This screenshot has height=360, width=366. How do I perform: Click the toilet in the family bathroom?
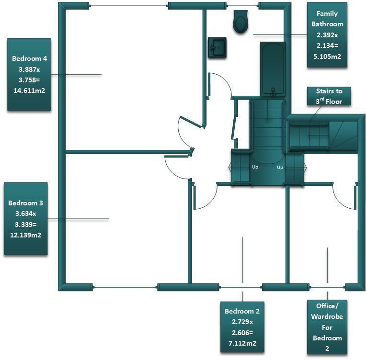(x=241, y=22)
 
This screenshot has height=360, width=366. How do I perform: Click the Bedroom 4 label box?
(x=30, y=74)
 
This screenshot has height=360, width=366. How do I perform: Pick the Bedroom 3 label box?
(x=26, y=219)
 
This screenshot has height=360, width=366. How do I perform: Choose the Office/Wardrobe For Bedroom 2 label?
(x=327, y=327)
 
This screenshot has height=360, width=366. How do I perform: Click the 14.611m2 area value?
(x=30, y=90)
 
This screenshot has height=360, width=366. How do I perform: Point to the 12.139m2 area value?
(x=26, y=235)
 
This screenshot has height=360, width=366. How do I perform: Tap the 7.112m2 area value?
(x=242, y=343)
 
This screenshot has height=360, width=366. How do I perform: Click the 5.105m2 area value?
(x=327, y=57)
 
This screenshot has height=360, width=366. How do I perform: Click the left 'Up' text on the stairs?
(x=255, y=168)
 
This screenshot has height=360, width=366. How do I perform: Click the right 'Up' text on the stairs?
(x=280, y=168)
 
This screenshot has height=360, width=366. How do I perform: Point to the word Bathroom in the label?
(x=327, y=24)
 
